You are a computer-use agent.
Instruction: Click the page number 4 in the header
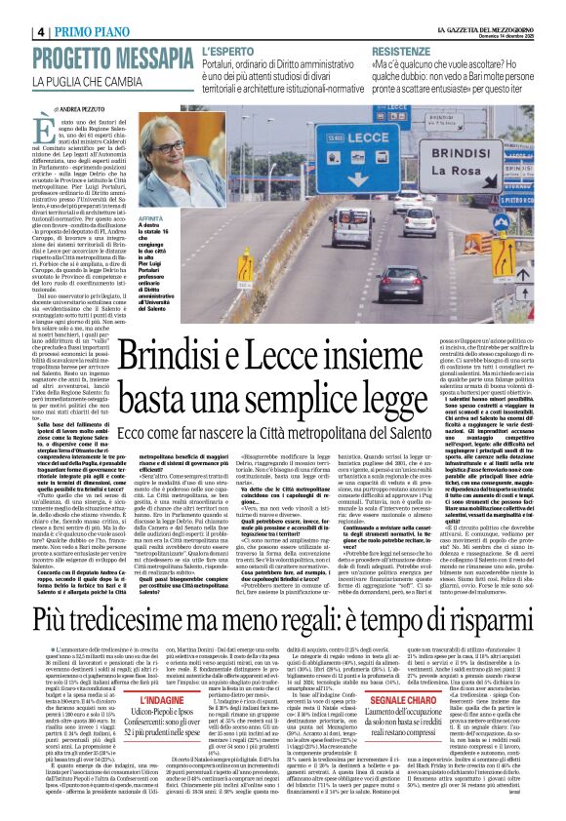(41, 31)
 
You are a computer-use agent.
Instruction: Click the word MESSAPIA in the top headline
(151, 59)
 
